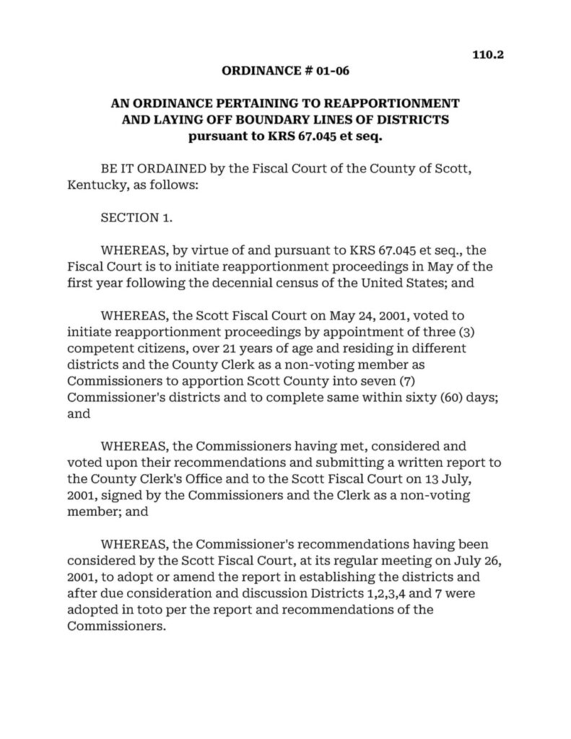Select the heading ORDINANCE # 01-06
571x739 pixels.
tap(285, 71)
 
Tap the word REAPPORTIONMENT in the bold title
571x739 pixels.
tap(385, 103)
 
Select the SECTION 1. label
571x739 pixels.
tap(136, 218)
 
